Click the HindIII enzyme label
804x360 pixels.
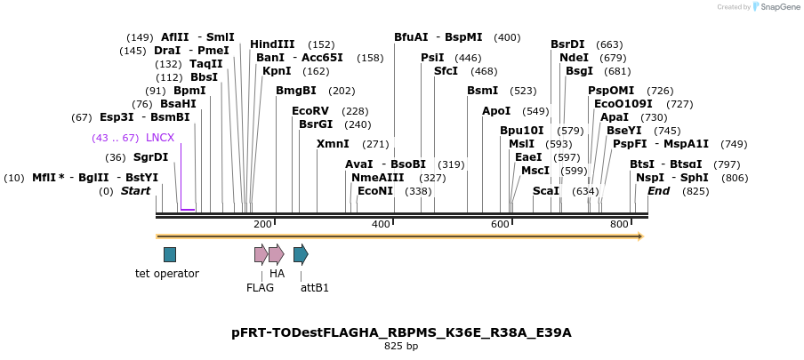point(272,44)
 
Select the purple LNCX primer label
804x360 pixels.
point(160,138)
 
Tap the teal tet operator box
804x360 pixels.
point(170,254)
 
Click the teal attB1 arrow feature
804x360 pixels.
point(301,254)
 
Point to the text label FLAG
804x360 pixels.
point(260,288)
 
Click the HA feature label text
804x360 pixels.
point(277,274)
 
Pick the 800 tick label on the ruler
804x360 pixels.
point(619,224)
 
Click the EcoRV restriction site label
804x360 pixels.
point(310,111)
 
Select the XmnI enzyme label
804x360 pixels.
point(333,144)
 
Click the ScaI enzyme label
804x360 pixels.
point(546,191)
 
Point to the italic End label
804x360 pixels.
point(658,191)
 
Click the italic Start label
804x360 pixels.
point(136,191)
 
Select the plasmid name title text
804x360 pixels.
point(401,333)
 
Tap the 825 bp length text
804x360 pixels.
point(401,347)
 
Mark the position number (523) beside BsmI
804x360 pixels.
point(523,91)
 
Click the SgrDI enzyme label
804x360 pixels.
point(150,157)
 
